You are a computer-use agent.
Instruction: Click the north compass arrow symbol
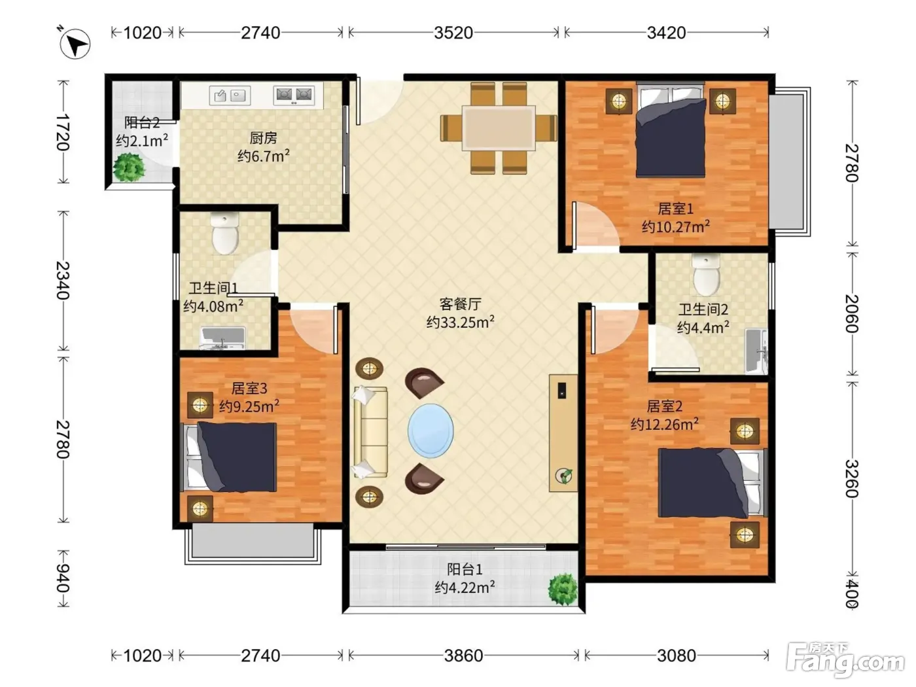pos(75,43)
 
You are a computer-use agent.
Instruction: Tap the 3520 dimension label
pos(453,33)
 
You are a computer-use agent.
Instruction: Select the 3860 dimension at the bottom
pos(463,656)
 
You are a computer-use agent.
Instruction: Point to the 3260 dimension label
pos(852,478)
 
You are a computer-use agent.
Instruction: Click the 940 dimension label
pos(63,578)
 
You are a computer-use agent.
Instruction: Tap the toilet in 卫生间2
pos(706,273)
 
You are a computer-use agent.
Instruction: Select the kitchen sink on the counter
pos(230,96)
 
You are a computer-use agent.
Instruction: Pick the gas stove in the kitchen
pos(293,95)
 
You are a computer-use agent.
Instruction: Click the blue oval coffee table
pos(431,431)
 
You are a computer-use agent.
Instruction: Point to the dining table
pos(499,128)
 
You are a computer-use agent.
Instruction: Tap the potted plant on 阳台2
pos(129,167)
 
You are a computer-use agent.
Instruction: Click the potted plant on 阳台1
pos(563,589)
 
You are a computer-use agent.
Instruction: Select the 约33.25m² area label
pos(461,322)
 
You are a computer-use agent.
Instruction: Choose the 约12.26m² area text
pos(664,424)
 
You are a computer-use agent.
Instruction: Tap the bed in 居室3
pos(230,457)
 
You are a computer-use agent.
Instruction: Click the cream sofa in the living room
pos(370,432)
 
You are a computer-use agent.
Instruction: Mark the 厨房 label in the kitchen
pos(263,137)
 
